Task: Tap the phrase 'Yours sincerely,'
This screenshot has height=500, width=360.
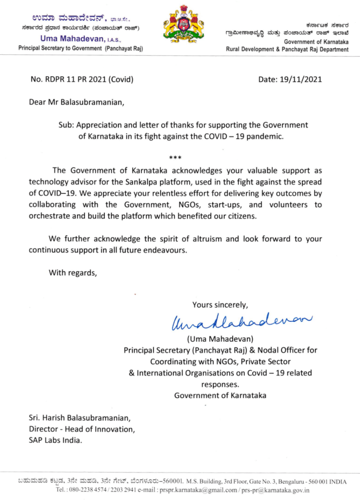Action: (220, 305)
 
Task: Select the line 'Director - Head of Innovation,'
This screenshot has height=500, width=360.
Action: (81, 429)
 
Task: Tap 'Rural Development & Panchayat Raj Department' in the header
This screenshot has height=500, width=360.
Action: (287, 49)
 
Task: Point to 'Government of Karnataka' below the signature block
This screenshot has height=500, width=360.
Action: (220, 395)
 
